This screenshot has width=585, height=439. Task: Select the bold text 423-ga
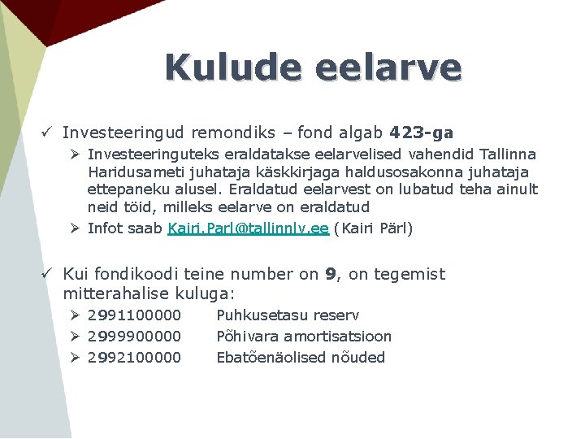pos(422,132)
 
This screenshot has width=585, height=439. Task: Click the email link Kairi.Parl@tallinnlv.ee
pos(248,228)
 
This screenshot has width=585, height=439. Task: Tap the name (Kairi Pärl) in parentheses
pos(373,228)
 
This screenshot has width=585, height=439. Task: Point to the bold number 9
pos(331,274)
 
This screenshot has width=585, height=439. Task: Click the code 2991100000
pos(134,315)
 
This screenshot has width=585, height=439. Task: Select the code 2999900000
pos(134,336)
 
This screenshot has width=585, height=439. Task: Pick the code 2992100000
pos(134,357)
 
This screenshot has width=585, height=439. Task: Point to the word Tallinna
pos(508,154)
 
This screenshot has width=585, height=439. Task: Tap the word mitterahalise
pos(110,293)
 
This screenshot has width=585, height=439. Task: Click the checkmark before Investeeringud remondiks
pos(48,132)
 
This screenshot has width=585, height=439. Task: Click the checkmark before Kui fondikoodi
pos(48,274)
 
